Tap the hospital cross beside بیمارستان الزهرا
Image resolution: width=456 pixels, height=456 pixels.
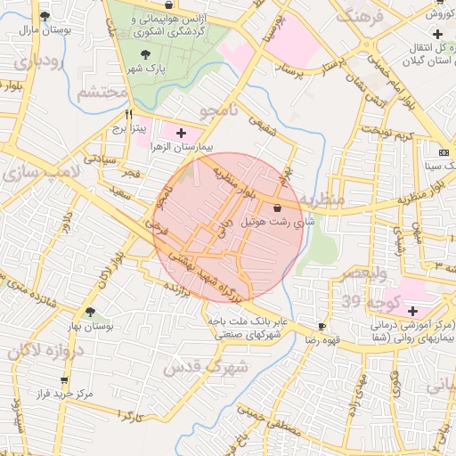point(182,132)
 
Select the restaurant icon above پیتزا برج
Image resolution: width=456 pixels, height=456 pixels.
point(129,115)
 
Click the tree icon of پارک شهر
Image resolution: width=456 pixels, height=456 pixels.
point(145,54)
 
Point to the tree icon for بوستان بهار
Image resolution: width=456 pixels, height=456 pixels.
point(90,312)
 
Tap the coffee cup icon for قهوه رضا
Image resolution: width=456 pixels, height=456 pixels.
point(322,327)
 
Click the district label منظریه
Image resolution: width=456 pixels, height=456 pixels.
point(320,200)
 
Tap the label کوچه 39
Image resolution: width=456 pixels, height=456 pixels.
point(360,302)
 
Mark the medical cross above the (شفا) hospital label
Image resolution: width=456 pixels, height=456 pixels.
point(412,311)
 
